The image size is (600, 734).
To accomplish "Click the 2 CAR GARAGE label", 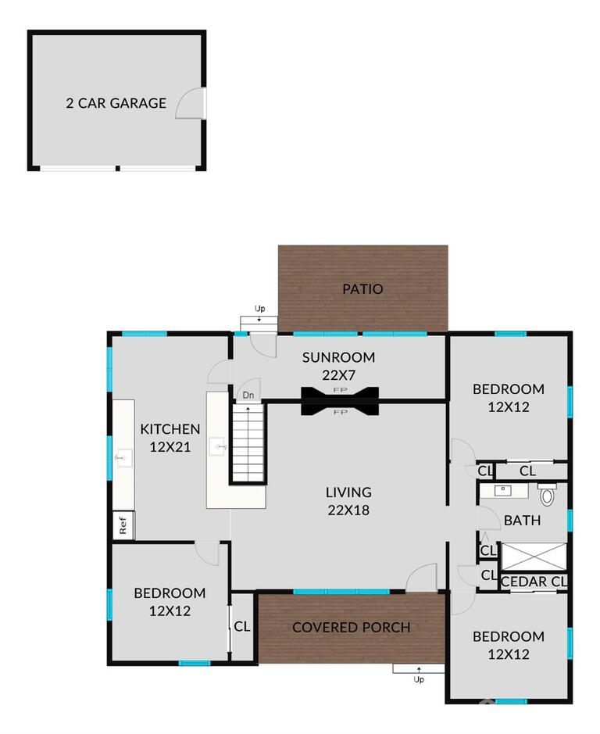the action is pos(116,103).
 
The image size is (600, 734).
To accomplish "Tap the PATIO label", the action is pos(362,288).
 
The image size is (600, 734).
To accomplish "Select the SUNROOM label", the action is pos(338,357).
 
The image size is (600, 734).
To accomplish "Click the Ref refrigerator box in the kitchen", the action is pos(123,525).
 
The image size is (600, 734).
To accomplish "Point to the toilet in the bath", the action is pos(547,494).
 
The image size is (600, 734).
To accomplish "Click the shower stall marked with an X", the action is pos(534,557).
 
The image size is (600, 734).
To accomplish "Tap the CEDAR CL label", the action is pos(534,582).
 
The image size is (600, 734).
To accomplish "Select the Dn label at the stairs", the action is pos(248,395).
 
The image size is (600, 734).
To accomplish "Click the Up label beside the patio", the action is pos(259,309).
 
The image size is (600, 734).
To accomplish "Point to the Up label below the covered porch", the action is pos(419,679).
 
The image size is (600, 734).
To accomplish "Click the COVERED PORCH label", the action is pos(351,627).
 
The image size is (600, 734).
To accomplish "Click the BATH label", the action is pos(523,520).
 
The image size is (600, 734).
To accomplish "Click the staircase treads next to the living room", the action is pos(248,443).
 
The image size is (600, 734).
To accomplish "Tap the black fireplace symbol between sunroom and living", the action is pos(340,401).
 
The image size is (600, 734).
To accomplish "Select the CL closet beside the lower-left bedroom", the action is pos(242,626).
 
